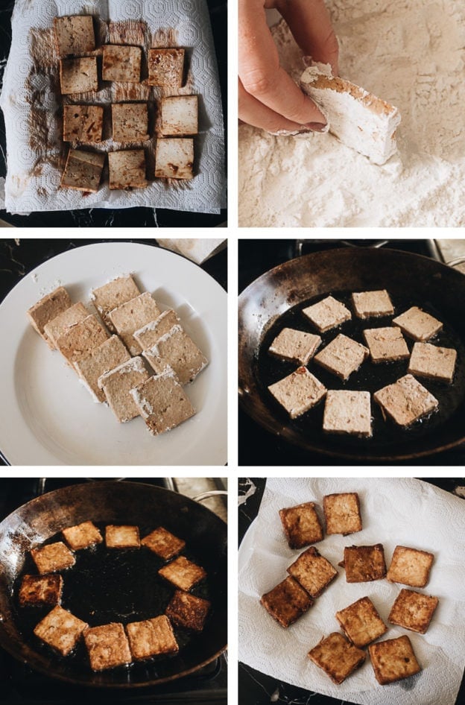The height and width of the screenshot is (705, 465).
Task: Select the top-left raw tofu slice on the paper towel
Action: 75,34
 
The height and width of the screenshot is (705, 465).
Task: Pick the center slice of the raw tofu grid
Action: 130,121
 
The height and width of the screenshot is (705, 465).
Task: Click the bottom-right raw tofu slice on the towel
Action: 174,157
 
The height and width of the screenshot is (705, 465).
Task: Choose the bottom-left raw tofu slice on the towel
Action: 82,169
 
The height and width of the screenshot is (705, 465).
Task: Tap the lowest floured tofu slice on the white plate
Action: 163,402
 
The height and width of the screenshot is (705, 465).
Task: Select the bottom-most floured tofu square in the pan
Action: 348,412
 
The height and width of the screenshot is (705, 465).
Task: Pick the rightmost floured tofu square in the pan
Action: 432,362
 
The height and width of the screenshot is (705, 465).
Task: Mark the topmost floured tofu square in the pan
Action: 373,303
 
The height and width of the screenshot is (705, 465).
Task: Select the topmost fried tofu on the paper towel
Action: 342,513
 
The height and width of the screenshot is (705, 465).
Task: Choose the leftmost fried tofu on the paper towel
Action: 286,601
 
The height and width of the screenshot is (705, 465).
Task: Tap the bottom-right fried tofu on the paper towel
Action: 394,659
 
